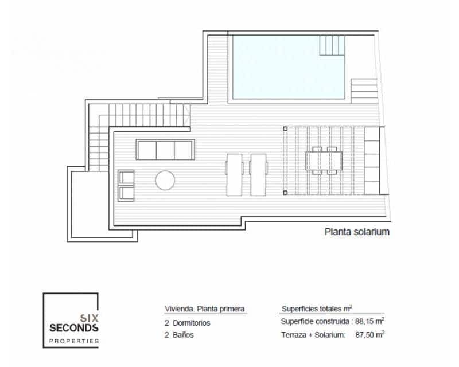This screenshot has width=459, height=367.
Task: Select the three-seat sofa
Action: point(165,150)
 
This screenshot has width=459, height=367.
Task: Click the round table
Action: point(165,180)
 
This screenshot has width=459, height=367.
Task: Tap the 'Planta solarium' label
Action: point(357,232)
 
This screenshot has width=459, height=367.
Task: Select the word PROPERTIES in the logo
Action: point(73,341)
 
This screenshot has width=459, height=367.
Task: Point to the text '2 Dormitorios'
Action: point(187,323)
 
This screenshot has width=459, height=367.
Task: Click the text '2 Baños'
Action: point(179,335)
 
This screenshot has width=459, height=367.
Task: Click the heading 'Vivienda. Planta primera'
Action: point(205,309)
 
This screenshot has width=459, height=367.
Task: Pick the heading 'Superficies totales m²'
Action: point(317,308)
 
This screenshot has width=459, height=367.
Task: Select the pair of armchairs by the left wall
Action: point(126,185)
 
